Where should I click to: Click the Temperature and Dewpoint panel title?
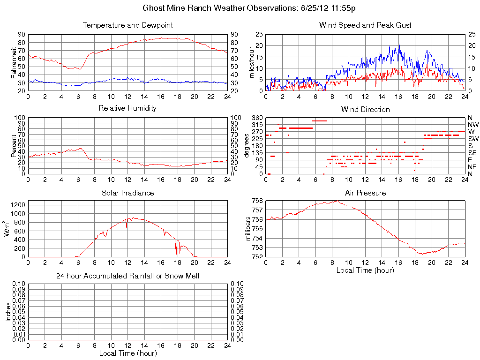point(127,25)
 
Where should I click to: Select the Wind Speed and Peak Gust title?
point(365,25)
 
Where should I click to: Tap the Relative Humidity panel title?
point(127,108)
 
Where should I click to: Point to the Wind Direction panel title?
point(365,110)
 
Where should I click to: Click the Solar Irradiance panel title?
point(127,193)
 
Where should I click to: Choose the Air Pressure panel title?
point(365,193)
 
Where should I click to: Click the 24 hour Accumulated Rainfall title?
point(127,276)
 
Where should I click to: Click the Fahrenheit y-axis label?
point(14,62)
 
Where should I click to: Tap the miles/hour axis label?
point(252,62)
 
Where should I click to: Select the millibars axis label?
point(249,229)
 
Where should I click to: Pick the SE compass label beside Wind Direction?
point(472,153)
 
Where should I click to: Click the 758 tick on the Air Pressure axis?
point(257,201)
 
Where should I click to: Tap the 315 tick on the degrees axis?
point(257,125)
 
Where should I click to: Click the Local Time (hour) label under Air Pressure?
point(365,270)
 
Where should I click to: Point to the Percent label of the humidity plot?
point(14,146)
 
